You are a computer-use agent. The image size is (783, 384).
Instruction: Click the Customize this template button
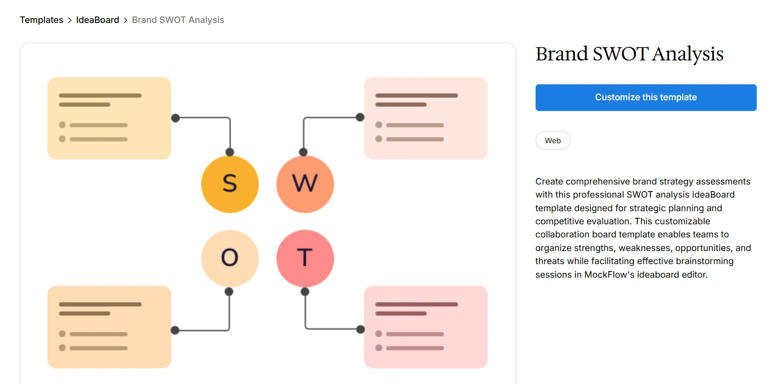646,97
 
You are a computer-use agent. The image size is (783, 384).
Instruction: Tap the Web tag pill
552,140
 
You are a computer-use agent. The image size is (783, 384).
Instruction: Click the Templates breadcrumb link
41,20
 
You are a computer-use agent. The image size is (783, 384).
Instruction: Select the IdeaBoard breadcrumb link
97,20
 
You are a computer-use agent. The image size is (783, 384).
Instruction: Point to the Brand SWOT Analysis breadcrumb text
178,20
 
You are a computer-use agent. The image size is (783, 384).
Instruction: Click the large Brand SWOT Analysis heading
629,54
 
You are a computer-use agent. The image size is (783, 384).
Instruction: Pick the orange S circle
230,184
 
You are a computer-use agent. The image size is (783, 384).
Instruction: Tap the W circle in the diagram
305,184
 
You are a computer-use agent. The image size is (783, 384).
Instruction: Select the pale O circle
230,258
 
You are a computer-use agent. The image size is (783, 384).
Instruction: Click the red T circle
305,258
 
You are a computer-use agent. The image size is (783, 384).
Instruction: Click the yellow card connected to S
109,118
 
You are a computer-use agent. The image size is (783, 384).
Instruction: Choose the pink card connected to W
425,118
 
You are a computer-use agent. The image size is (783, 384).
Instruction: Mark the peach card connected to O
109,327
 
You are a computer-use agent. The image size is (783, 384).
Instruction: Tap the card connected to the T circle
425,327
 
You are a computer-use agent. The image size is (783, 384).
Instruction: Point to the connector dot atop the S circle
230,152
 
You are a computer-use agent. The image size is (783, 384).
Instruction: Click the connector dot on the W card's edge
360,117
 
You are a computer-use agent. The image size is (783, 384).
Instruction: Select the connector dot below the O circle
229,292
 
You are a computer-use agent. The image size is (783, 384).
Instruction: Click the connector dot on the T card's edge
360,329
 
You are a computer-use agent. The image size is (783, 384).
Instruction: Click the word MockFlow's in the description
608,275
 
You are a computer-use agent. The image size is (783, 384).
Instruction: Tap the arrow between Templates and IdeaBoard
70,20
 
